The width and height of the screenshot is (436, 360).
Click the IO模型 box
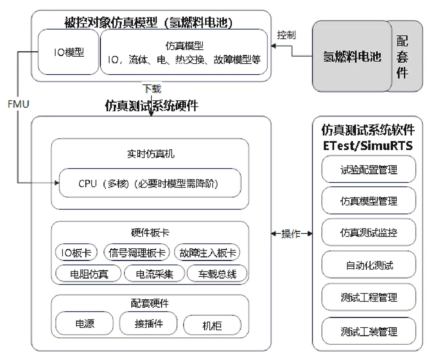[x=68, y=52]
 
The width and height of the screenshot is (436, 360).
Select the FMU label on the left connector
[x=18, y=104]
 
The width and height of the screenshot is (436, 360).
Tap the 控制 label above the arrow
[x=286, y=35]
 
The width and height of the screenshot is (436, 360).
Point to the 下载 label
[x=152, y=89]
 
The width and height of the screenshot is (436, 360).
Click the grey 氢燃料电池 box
[x=352, y=56]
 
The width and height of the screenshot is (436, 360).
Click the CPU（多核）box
[x=150, y=183]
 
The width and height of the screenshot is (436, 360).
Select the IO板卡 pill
[x=76, y=253]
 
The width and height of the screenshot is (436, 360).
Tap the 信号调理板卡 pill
[x=136, y=253]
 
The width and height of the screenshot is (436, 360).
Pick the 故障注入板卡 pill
[x=207, y=253]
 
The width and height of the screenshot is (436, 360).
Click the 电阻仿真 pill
[x=89, y=274]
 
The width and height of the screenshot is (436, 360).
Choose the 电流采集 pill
[x=154, y=274]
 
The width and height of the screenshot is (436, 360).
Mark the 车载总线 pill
[x=217, y=274]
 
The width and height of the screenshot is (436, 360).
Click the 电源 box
[x=85, y=323]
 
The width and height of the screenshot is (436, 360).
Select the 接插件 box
[x=149, y=323]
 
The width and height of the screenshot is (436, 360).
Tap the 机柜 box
[x=212, y=325]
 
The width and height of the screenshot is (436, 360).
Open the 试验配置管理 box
[x=369, y=169]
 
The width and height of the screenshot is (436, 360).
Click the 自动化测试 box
[x=369, y=264]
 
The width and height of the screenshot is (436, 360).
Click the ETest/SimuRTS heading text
[x=368, y=145]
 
